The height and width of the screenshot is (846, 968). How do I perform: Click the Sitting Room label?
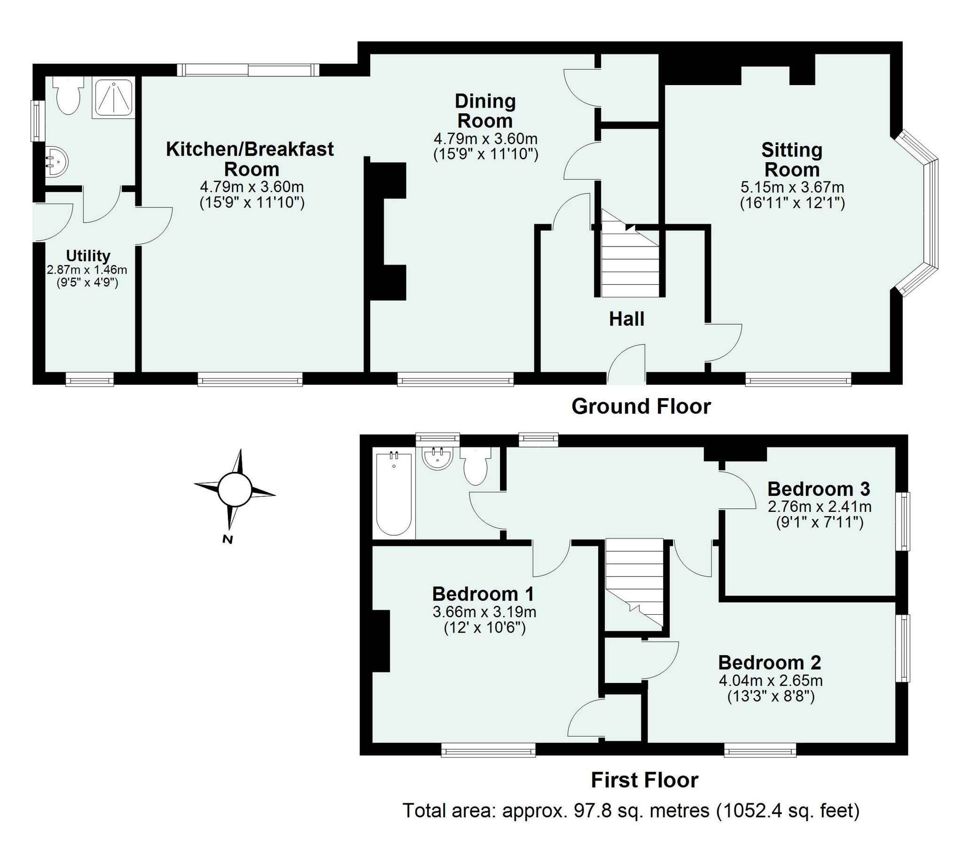tap(791, 160)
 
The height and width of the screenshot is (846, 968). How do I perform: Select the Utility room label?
tap(88, 256)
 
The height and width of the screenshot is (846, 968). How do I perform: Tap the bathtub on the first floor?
tap(394, 493)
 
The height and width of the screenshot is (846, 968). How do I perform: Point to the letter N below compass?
tap(228, 540)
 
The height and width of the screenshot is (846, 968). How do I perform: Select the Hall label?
tap(626, 320)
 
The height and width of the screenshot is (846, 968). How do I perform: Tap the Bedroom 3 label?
tap(819, 489)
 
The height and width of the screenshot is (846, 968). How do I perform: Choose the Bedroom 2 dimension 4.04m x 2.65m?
tap(770, 680)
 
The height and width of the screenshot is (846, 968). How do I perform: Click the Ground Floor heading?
tap(640, 407)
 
